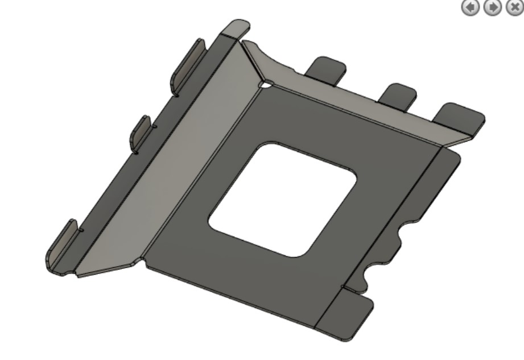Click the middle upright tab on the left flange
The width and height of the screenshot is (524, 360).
pyautogui.click(x=142, y=134)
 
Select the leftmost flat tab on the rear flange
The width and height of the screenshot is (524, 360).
pyautogui.click(x=326, y=69)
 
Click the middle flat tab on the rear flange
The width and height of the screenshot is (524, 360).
pyautogui.click(x=398, y=94)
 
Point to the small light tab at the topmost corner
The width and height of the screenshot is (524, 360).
pyautogui.click(x=236, y=29)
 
